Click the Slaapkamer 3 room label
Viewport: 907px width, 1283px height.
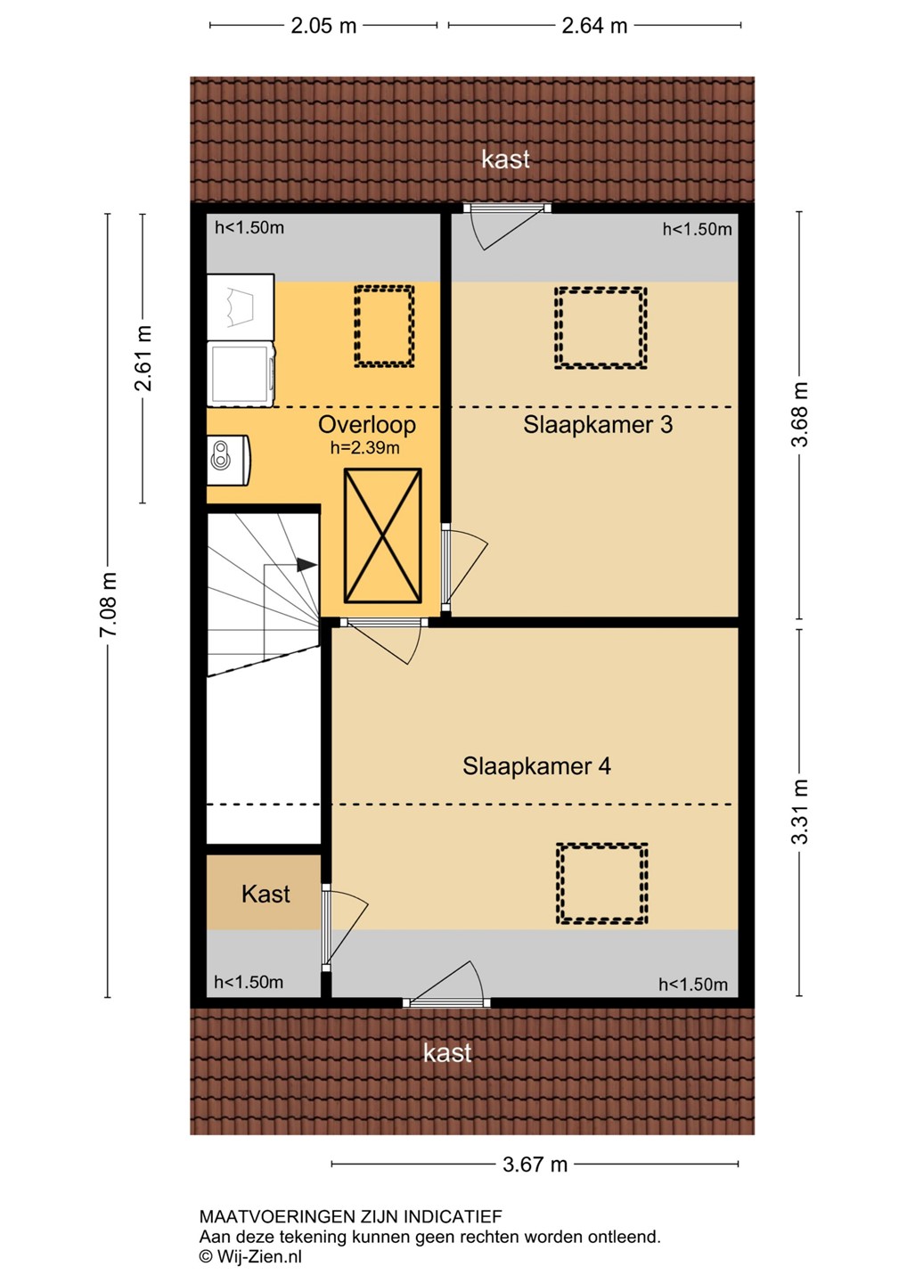pyautogui.click(x=597, y=425)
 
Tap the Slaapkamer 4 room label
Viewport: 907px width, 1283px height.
pyautogui.click(x=536, y=766)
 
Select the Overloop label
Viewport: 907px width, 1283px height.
pyautogui.click(x=366, y=425)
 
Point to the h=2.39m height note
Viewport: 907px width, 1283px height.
pyautogui.click(x=364, y=448)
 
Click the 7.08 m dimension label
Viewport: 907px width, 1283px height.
pyautogui.click(x=108, y=604)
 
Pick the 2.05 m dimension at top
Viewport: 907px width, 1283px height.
pyautogui.click(x=323, y=27)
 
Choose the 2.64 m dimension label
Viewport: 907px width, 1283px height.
pyautogui.click(x=593, y=27)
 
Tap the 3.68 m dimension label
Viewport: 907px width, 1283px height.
pyautogui.click(x=799, y=414)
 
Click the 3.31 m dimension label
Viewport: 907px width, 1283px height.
pyautogui.click(x=799, y=812)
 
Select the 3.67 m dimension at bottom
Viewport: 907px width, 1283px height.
pyautogui.click(x=535, y=1165)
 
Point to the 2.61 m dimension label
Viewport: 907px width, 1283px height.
pyautogui.click(x=143, y=358)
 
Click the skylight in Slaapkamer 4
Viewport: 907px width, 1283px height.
pyautogui.click(x=601, y=883)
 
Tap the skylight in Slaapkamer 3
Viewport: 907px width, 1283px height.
pyautogui.click(x=601, y=328)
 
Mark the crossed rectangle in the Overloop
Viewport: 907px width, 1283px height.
pyautogui.click(x=382, y=535)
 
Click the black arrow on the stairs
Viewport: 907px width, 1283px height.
pyautogui.click(x=306, y=565)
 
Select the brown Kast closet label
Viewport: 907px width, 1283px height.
pyautogui.click(x=266, y=895)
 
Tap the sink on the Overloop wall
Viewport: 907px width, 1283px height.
pyautogui.click(x=228, y=460)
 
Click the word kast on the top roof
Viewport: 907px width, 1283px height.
pyautogui.click(x=505, y=159)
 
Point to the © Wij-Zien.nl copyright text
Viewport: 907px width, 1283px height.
pyautogui.click(x=250, y=1257)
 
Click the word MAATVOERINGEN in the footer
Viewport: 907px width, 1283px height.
pyautogui.click(x=277, y=1216)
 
